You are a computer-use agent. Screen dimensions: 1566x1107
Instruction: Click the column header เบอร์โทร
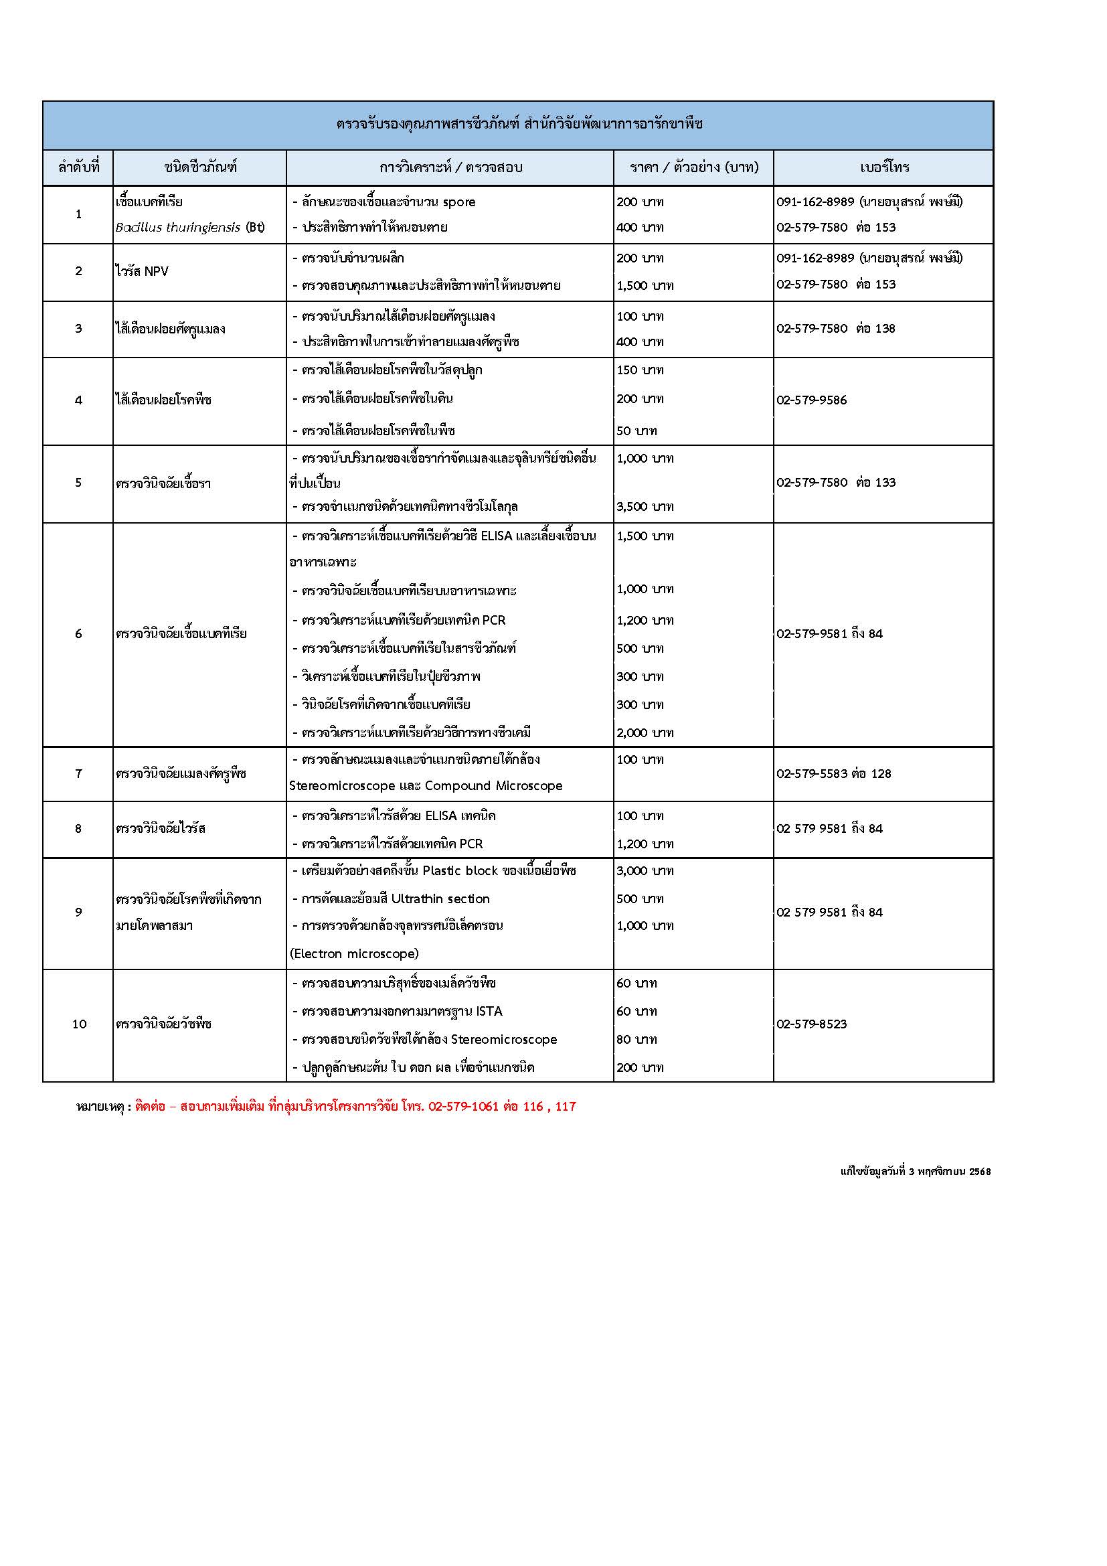(884, 168)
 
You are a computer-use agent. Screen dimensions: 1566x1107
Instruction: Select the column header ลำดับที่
(78, 168)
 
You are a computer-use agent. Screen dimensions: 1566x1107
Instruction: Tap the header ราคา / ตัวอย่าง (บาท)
(694, 168)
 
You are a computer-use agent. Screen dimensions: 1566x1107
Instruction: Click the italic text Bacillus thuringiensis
(177, 228)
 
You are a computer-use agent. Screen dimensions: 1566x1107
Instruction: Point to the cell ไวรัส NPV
(142, 271)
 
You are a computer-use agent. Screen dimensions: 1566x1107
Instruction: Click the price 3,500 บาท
(645, 507)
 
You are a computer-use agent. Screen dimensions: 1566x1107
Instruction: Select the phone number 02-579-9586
(811, 400)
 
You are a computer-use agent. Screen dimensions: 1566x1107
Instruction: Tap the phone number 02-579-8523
(811, 1024)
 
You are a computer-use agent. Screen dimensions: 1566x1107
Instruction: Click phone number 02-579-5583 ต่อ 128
(834, 773)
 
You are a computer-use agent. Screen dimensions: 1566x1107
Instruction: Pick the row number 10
(79, 1024)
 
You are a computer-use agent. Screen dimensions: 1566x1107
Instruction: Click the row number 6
(78, 633)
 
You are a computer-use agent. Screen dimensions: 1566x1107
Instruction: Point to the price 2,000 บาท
(645, 733)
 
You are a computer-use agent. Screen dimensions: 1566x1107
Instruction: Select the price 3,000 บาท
(645, 871)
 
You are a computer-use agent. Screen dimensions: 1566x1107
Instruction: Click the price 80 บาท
(636, 1040)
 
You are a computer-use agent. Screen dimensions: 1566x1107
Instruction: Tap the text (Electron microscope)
(354, 953)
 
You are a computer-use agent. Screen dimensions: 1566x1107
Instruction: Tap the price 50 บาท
(636, 431)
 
